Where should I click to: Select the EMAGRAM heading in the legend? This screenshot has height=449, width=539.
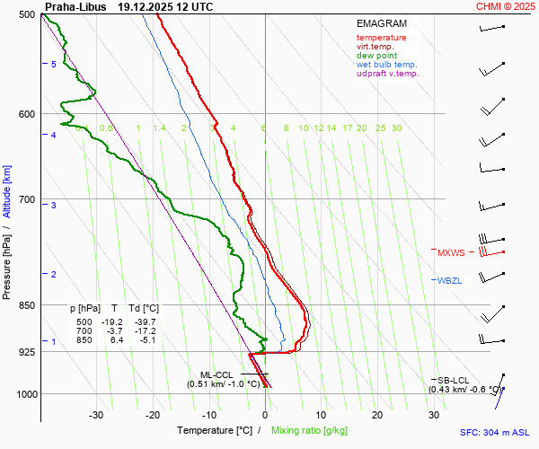click(x=382, y=23)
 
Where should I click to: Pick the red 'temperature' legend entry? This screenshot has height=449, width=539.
click(x=381, y=38)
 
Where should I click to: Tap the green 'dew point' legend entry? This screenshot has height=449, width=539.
click(x=377, y=56)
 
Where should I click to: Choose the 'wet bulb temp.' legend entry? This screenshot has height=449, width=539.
click(x=386, y=65)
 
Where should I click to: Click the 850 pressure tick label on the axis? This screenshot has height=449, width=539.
click(x=25, y=305)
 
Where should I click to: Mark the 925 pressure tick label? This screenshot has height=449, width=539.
click(x=25, y=352)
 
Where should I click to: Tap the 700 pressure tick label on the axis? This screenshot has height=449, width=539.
click(x=25, y=199)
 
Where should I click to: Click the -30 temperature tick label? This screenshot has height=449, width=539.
click(x=97, y=415)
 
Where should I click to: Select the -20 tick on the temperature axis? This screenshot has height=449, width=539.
click(x=153, y=415)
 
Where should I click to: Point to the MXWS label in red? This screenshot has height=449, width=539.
click(x=451, y=253)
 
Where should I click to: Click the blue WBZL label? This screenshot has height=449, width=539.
click(x=449, y=281)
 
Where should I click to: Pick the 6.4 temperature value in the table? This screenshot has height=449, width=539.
click(x=116, y=340)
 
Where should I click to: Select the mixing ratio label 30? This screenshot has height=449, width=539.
click(x=396, y=128)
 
